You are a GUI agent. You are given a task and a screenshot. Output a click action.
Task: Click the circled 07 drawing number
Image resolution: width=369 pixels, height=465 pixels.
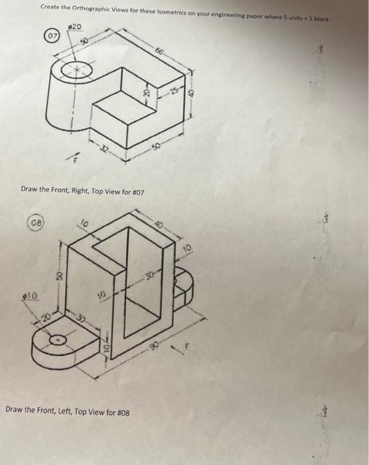click(x=51, y=34)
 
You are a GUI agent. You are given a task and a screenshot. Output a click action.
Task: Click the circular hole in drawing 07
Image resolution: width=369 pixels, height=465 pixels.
click(x=72, y=71)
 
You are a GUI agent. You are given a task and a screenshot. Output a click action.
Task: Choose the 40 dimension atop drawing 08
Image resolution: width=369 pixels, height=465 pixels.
click(x=160, y=223)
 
